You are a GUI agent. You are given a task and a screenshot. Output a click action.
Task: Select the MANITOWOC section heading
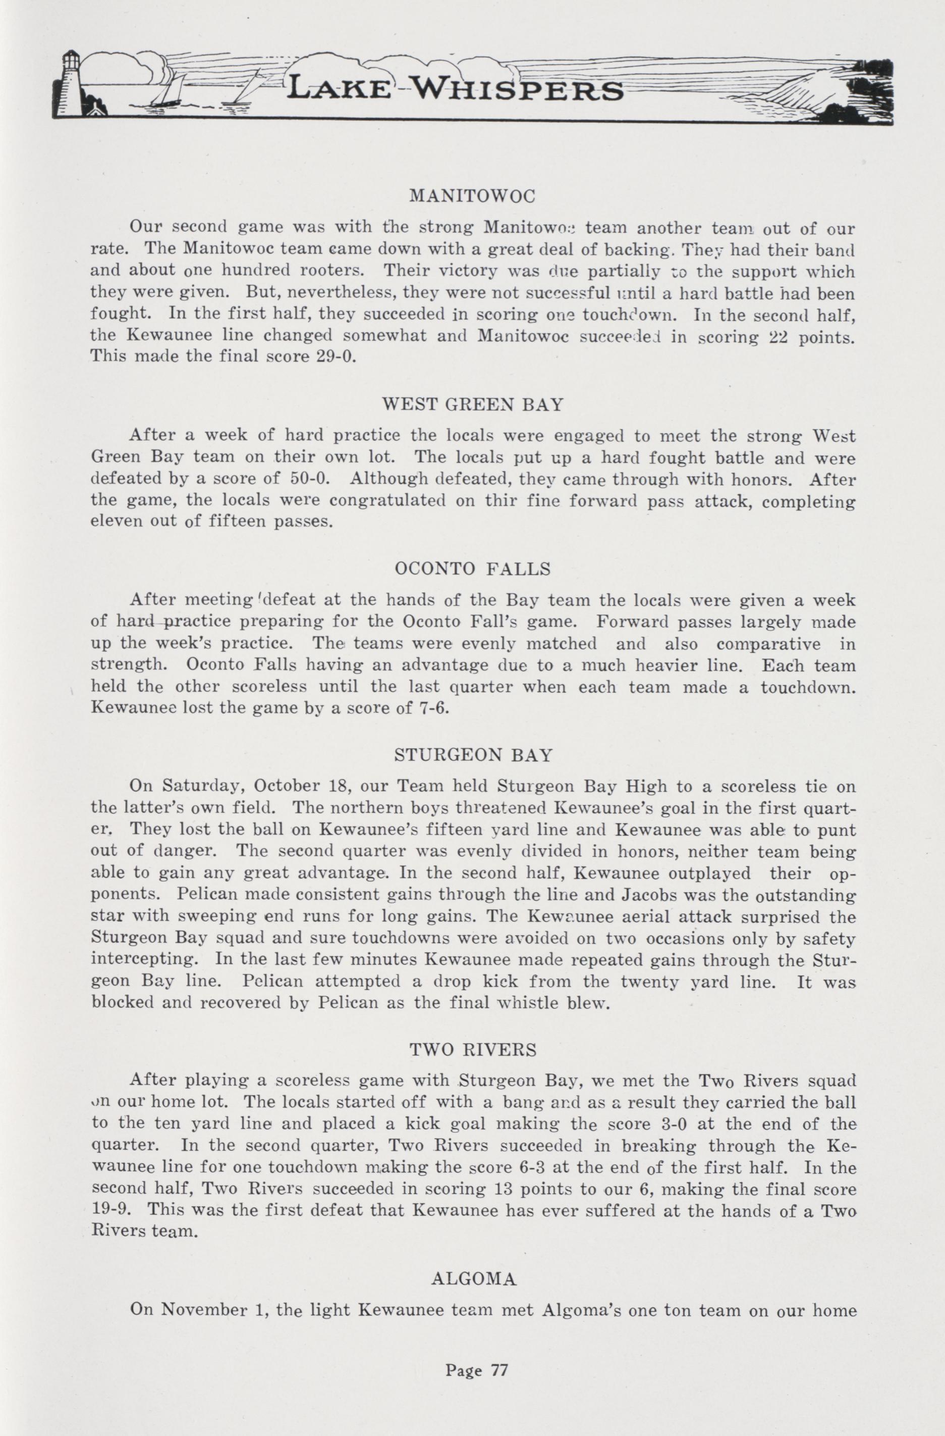pyautogui.click(x=472, y=197)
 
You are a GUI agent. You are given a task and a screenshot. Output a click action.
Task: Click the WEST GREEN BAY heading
pyautogui.click(x=473, y=404)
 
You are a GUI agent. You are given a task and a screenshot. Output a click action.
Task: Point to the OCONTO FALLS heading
pyautogui.click(x=472, y=569)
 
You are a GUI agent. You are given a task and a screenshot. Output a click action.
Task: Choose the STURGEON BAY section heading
pyautogui.click(x=473, y=755)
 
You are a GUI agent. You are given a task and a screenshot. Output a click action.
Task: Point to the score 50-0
pyautogui.click(x=309, y=479)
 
